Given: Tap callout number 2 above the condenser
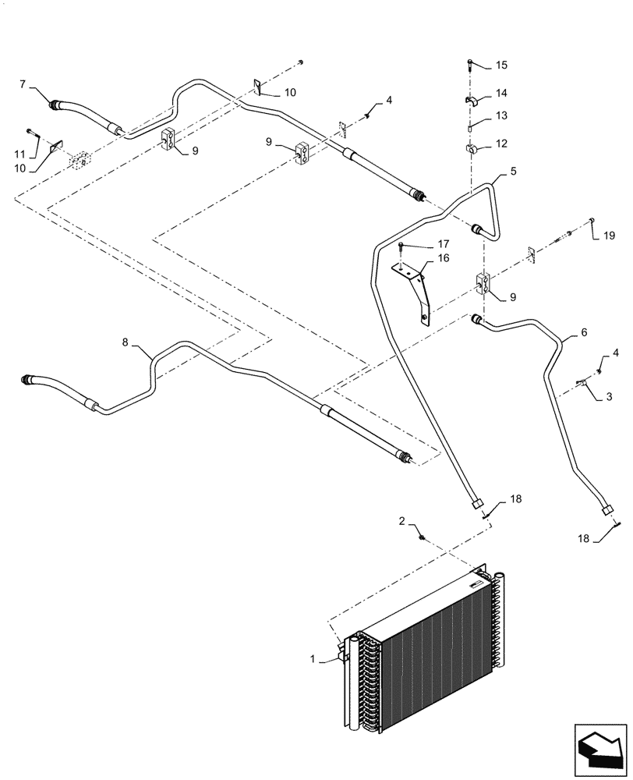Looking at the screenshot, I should tap(402, 520).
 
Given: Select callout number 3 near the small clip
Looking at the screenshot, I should tap(609, 396).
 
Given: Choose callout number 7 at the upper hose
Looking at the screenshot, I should tap(23, 83).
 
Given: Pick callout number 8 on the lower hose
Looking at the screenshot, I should tap(127, 342).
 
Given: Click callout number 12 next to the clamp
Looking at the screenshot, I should tap(501, 144).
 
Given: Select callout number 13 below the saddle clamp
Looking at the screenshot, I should tap(501, 116).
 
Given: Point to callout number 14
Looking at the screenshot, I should tap(501, 93).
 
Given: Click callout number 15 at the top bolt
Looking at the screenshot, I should tap(501, 64).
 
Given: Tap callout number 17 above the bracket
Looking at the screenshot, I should tap(422, 243).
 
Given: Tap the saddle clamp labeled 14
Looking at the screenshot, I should tap(472, 99).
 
